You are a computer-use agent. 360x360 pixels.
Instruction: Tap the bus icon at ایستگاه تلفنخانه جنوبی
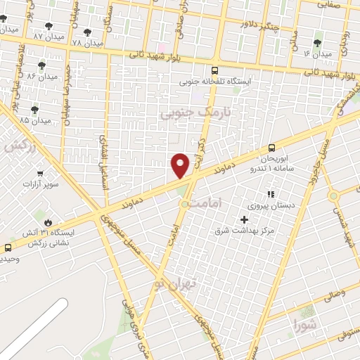point(214,70)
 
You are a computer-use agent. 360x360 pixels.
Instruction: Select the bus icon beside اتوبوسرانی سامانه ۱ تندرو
point(272,148)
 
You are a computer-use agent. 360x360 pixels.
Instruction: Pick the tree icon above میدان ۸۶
point(43,64)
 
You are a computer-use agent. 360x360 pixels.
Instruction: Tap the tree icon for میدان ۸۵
point(35,110)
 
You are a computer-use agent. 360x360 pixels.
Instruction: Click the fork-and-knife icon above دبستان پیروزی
point(269,194)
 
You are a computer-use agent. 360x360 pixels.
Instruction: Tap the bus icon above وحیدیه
point(8,247)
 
